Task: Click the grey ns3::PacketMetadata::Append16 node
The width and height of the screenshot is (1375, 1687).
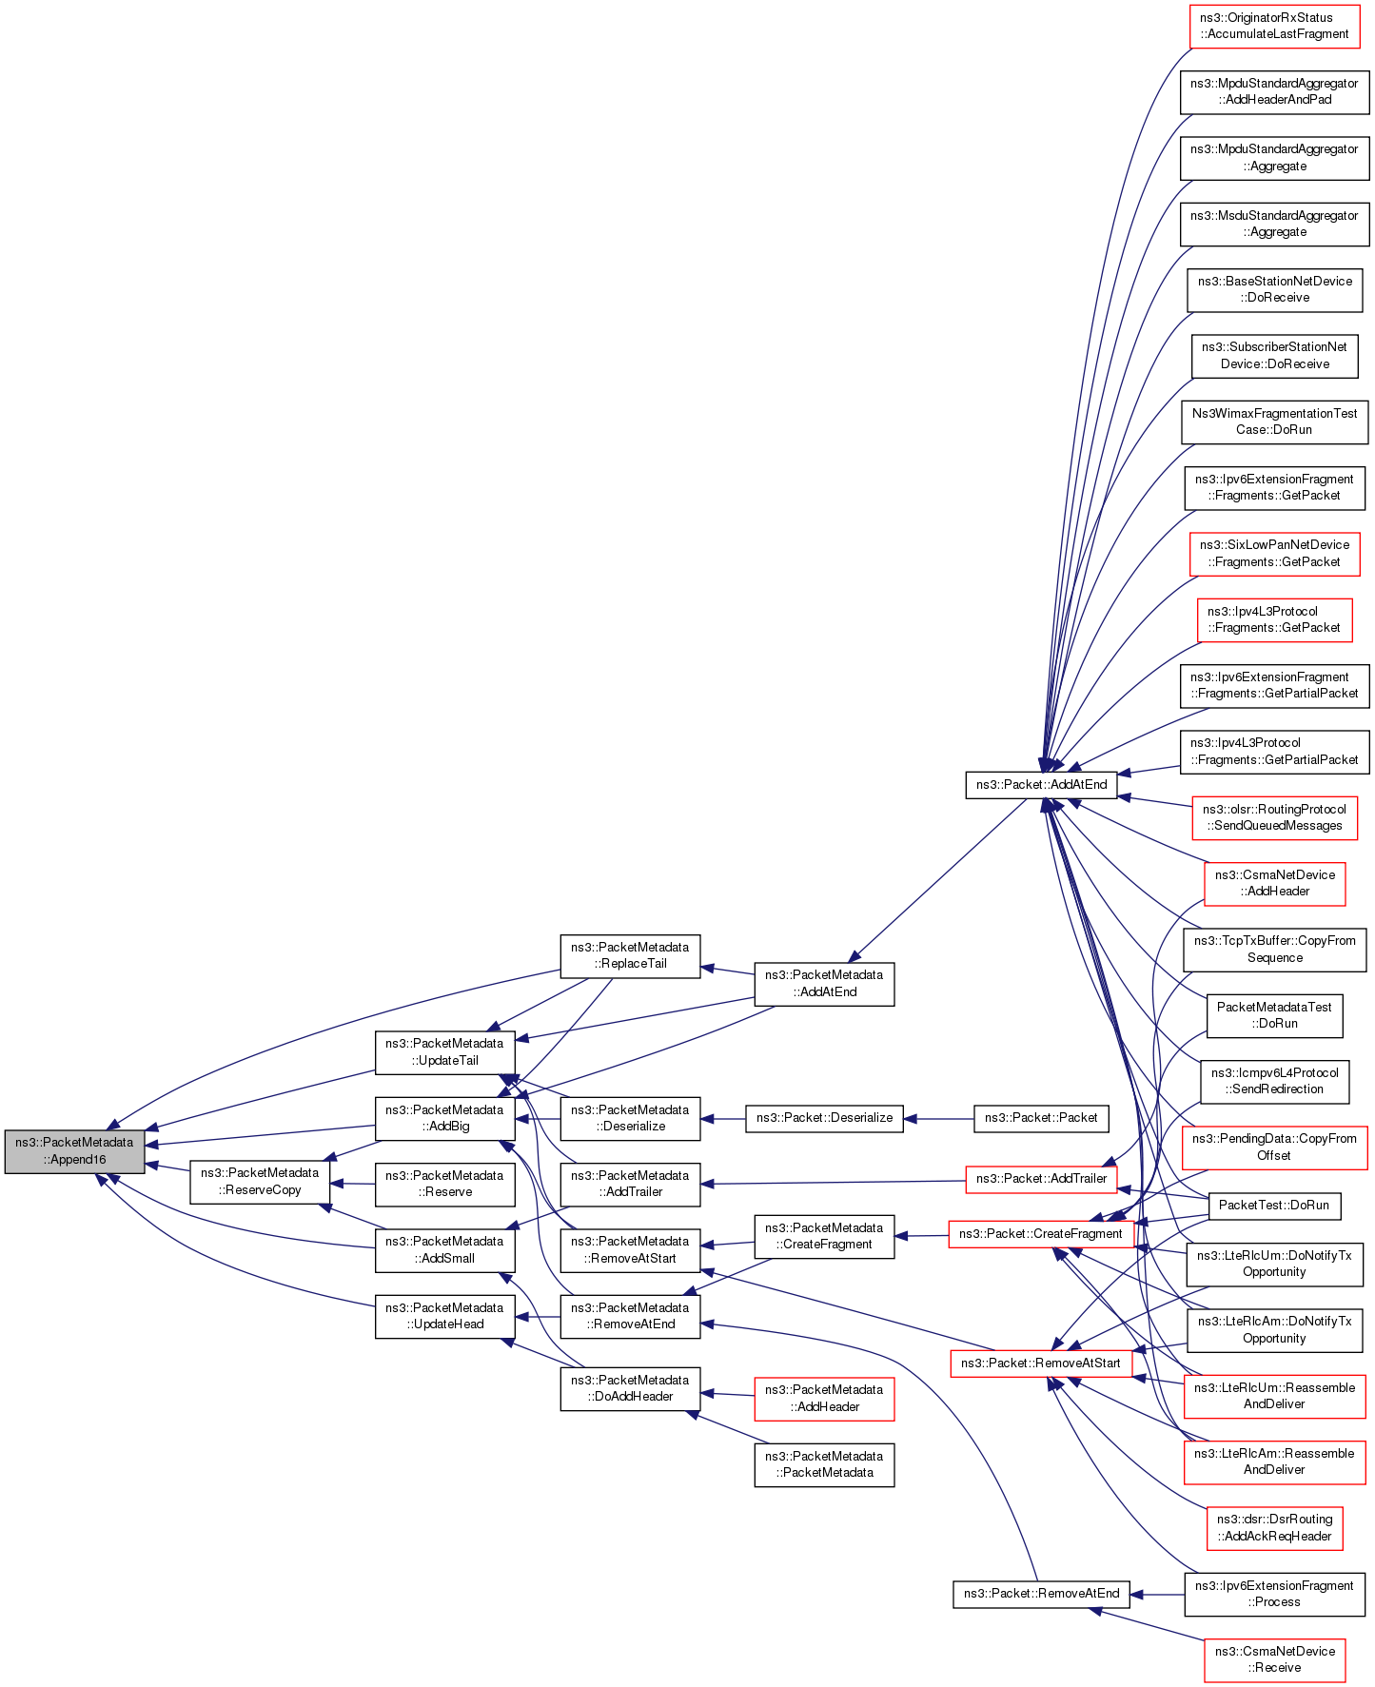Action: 74,1150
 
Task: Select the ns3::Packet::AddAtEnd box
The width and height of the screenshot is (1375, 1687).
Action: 1041,784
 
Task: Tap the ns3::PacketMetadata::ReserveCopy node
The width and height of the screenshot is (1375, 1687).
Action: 259,1182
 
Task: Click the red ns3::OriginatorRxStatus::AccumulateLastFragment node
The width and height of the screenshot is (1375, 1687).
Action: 1274,26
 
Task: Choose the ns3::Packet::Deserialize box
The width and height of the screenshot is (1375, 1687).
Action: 824,1117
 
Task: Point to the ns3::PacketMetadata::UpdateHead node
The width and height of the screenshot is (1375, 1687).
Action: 444,1315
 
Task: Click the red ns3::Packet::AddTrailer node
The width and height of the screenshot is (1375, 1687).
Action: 1041,1178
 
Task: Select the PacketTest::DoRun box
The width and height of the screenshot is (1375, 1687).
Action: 1273,1205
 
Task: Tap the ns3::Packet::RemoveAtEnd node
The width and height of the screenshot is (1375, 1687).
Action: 1041,1593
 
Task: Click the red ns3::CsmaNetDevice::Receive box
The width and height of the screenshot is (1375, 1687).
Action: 1274,1658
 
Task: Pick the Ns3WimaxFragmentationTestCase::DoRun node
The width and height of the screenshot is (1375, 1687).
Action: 1274,422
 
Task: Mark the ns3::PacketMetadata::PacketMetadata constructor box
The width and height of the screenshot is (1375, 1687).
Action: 824,1463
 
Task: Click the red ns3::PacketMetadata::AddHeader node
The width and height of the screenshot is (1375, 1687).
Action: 824,1398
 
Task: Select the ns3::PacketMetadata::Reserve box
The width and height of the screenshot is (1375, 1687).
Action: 444,1183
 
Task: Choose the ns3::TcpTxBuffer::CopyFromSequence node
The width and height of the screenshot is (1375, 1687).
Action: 1274,949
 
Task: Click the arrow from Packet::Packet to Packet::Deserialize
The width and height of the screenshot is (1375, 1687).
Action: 938,1118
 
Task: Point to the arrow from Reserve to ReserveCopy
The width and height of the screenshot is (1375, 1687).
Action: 352,1184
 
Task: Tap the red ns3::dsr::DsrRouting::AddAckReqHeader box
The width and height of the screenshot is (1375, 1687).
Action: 1274,1527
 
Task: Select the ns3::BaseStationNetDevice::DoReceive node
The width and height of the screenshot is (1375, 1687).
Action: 1274,289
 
